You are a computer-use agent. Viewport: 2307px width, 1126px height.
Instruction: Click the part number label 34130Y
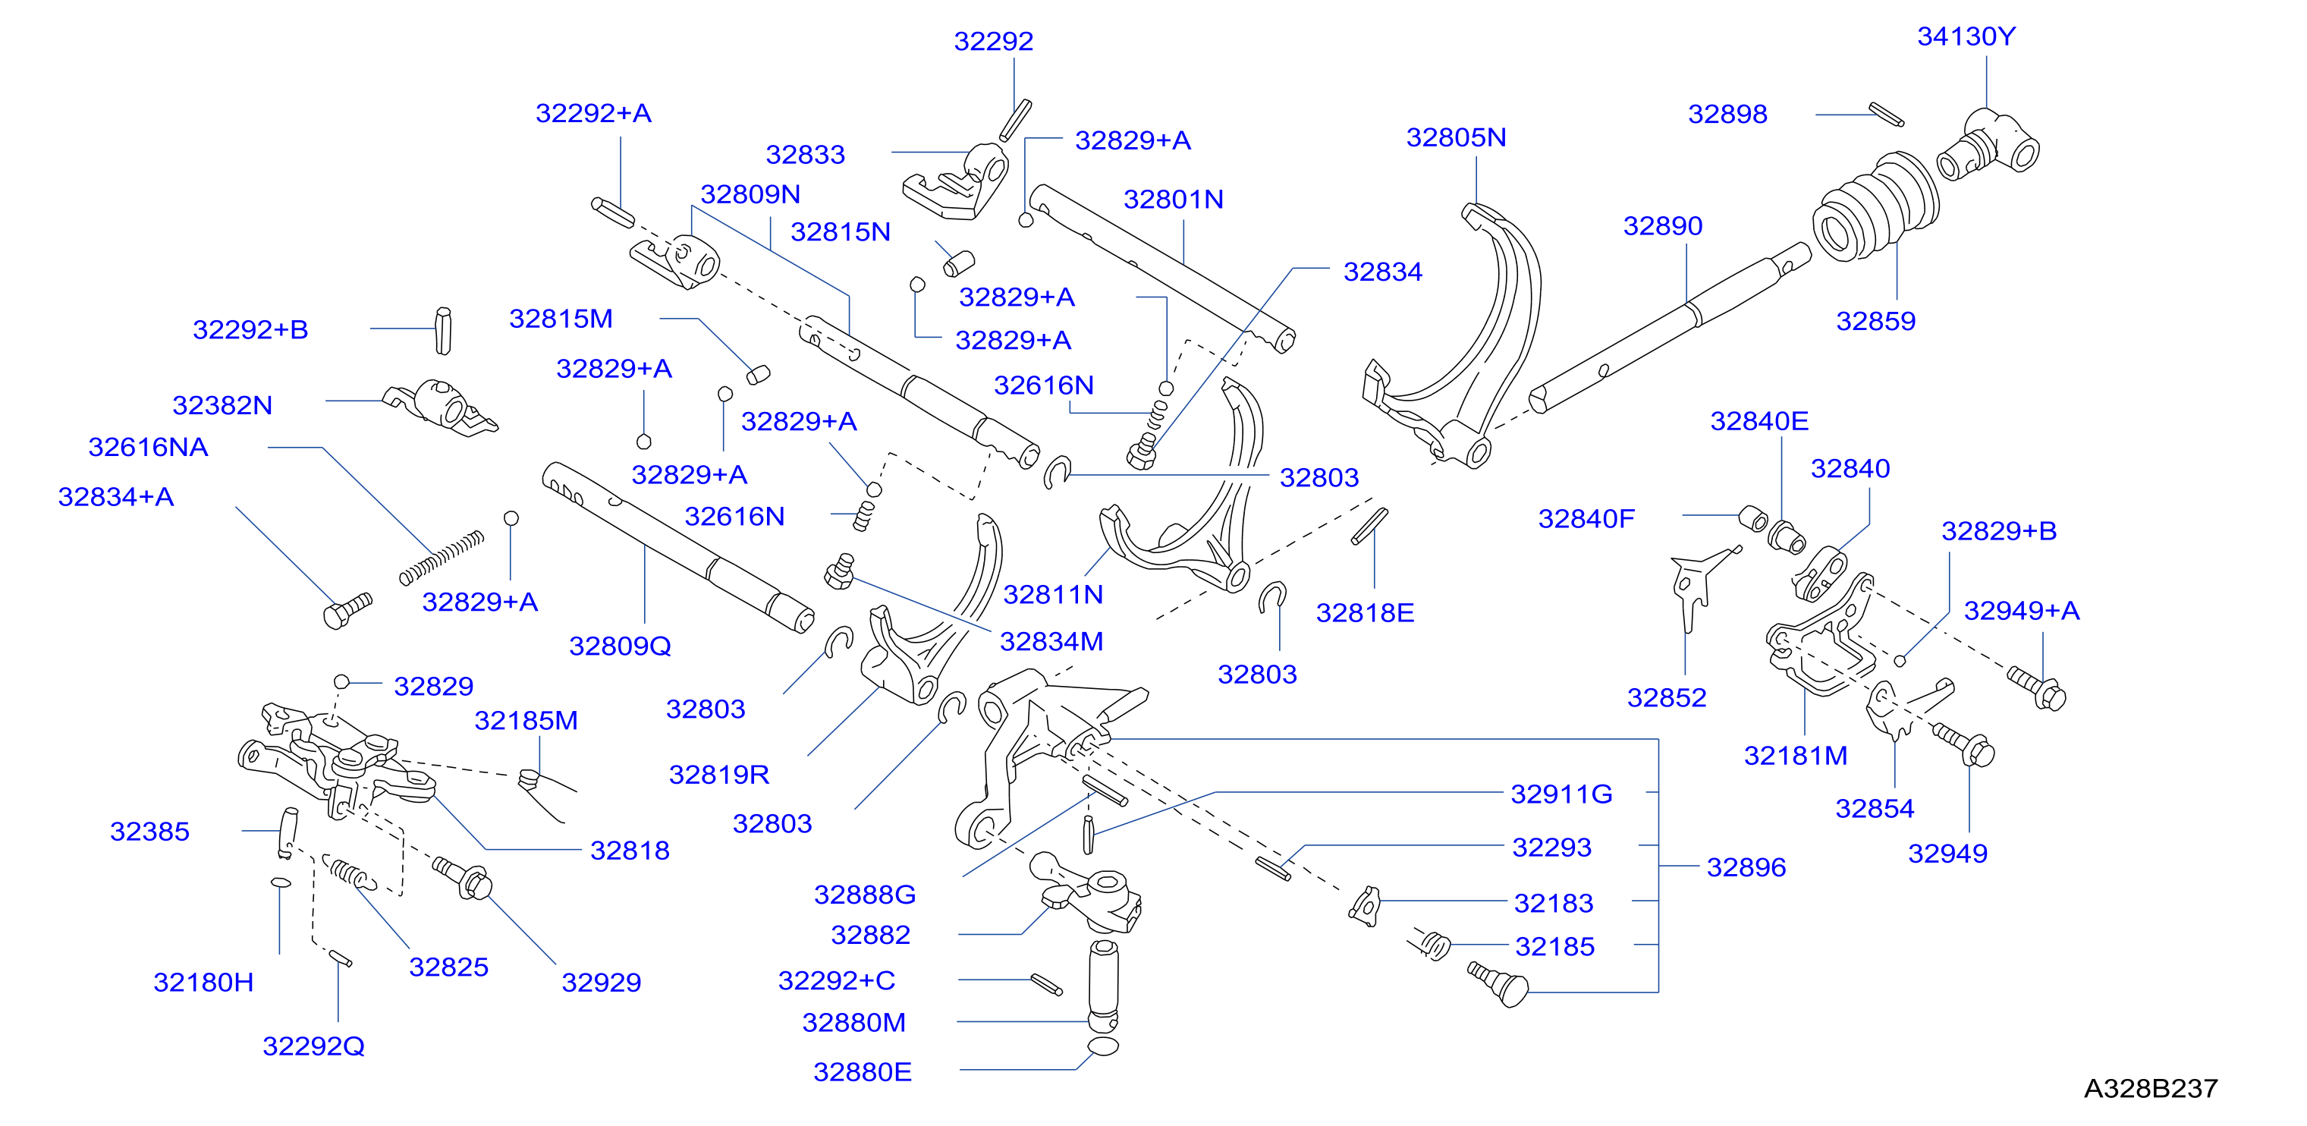pyautogui.click(x=1966, y=36)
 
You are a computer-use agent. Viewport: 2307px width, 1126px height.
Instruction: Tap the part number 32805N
pyautogui.click(x=1457, y=137)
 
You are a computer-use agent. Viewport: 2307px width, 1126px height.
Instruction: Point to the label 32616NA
pyautogui.click(x=148, y=447)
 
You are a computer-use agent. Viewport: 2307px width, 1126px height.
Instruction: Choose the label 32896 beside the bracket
pyautogui.click(x=1746, y=867)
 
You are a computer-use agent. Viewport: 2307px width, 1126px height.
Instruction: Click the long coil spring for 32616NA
pyautogui.click(x=442, y=557)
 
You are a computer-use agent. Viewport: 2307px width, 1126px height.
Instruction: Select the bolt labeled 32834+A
pyautogui.click(x=347, y=611)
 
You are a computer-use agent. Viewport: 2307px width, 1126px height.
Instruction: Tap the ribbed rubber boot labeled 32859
pyautogui.click(x=1875, y=208)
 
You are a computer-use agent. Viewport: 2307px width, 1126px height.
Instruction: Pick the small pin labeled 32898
pyautogui.click(x=1886, y=115)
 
